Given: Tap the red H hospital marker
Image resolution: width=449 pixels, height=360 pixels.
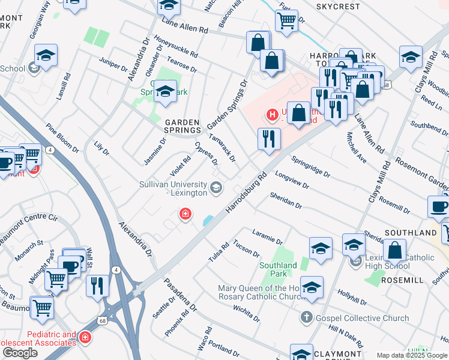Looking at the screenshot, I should click(273, 113).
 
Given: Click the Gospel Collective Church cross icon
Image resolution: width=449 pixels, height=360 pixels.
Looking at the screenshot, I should click(307, 316).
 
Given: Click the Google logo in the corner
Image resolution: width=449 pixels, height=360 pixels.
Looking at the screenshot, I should click(20, 353).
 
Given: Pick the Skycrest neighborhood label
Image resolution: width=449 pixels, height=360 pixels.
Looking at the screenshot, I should click(338, 7).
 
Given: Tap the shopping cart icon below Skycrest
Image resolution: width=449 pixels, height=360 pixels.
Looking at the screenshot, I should click(287, 20).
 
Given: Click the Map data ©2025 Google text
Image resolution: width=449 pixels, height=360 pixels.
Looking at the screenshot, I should click(412, 355).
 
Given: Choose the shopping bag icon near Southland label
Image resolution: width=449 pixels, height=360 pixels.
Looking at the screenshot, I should click(395, 250).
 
